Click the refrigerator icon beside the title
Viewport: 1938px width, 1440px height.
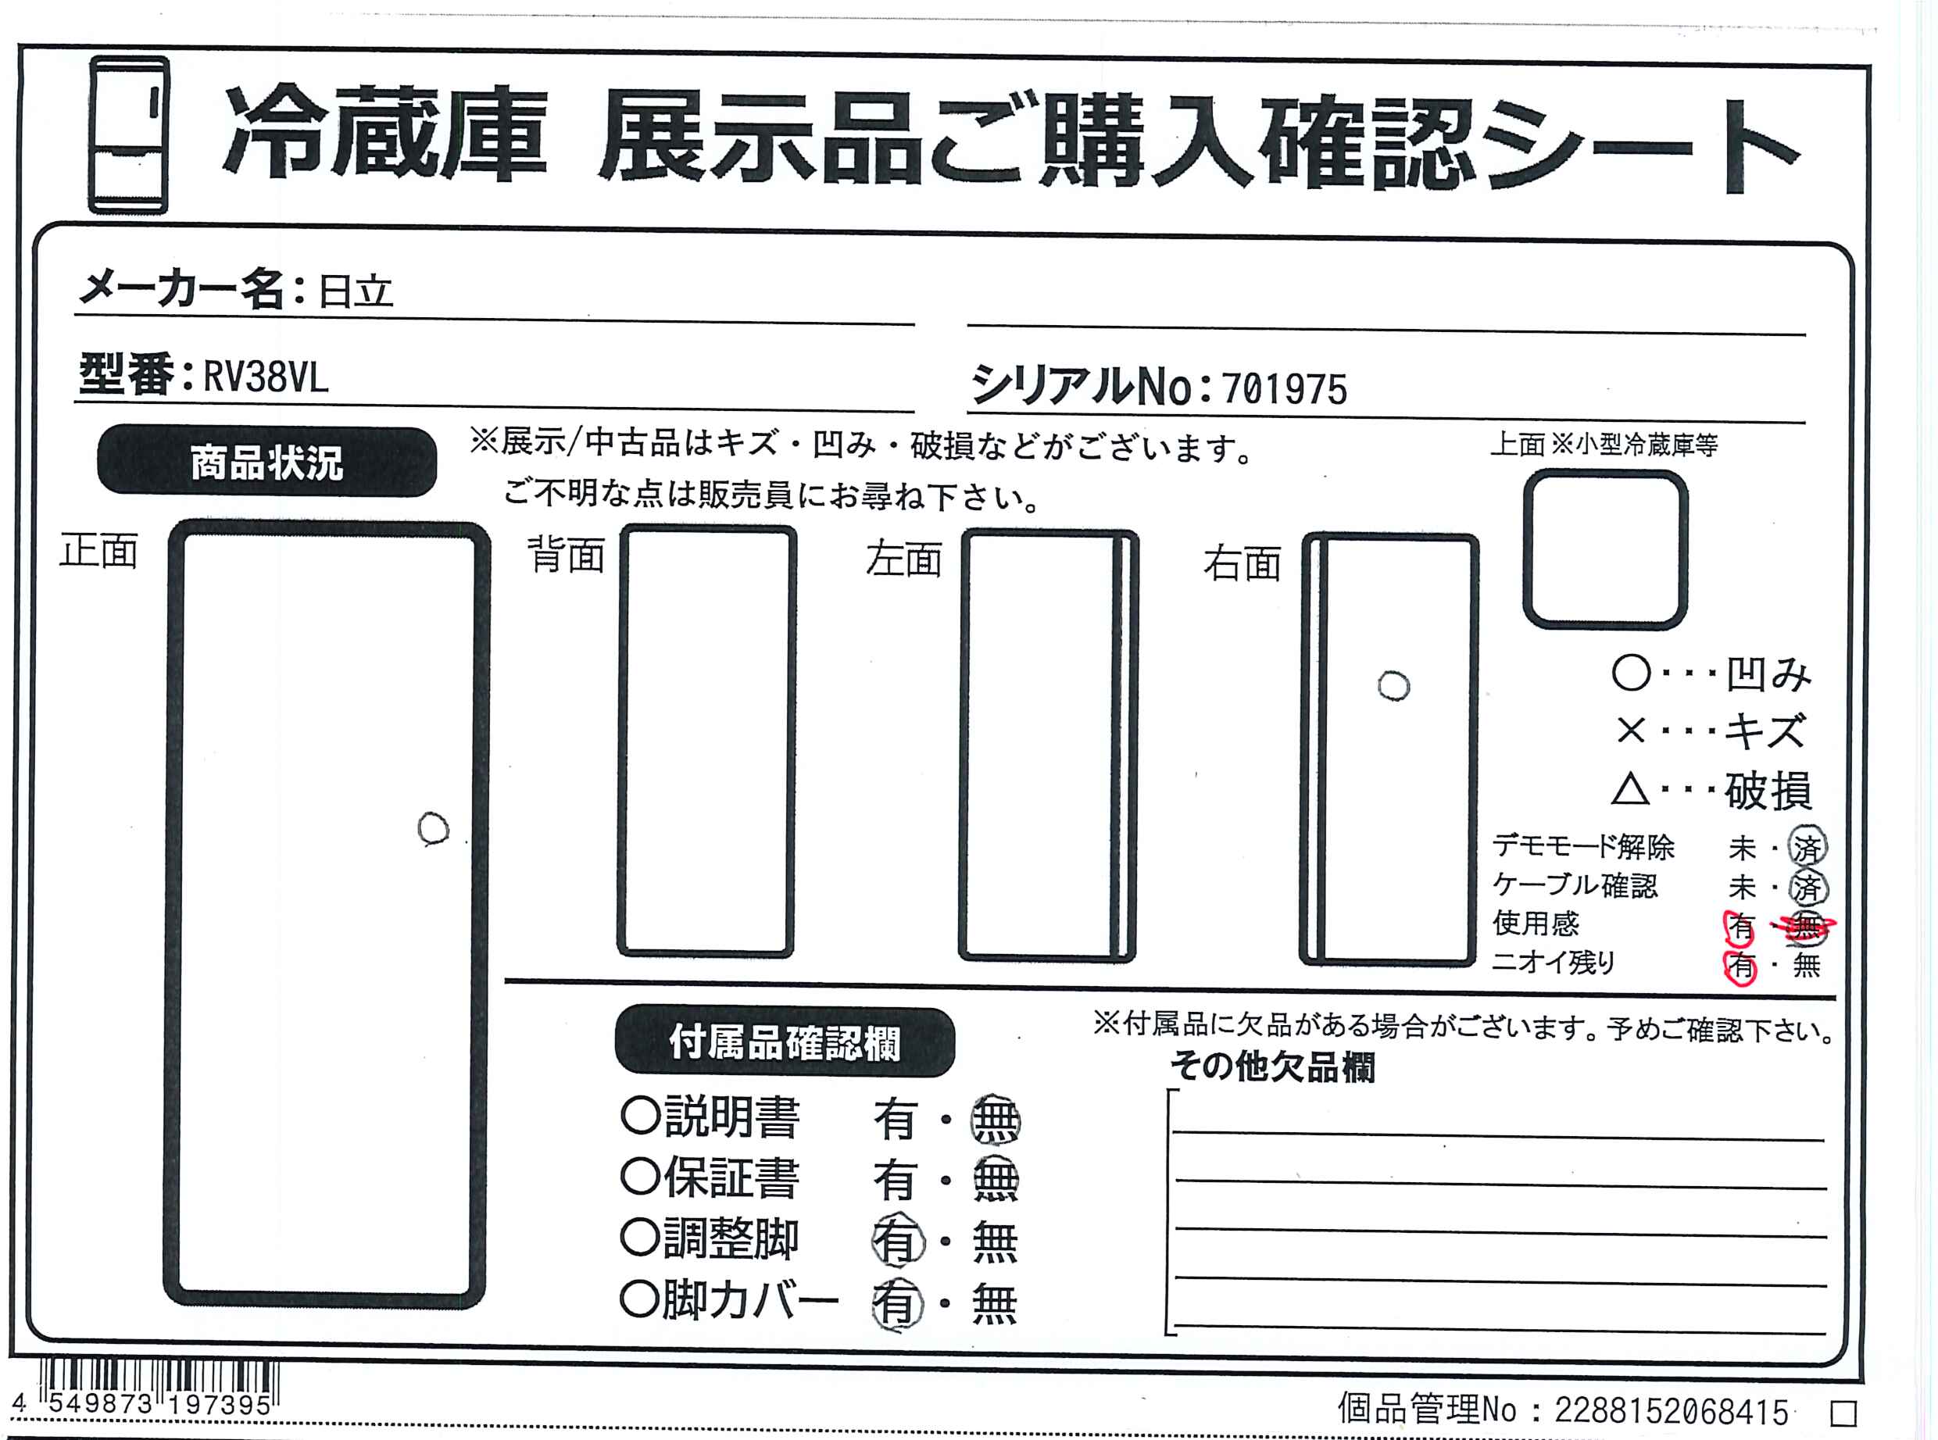click(x=128, y=135)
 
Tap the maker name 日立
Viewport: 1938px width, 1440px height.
click(x=355, y=291)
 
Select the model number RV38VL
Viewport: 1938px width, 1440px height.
click(x=266, y=377)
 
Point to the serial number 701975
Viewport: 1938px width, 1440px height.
click(x=1284, y=389)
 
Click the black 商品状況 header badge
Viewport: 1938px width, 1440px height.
click(x=266, y=461)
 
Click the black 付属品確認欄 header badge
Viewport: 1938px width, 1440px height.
click(x=785, y=1042)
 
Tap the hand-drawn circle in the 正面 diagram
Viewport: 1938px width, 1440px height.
click(x=433, y=829)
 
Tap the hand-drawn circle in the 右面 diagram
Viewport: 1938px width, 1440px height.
click(x=1393, y=686)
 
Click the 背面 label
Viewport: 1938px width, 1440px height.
click(x=567, y=555)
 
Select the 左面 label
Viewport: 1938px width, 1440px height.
click(x=904, y=559)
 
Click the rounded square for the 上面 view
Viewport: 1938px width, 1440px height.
click(x=1605, y=549)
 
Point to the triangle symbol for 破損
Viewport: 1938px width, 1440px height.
click(x=1629, y=790)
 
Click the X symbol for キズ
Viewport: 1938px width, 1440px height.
click(x=1630, y=731)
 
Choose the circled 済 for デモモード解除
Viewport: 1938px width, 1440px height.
click(x=1807, y=846)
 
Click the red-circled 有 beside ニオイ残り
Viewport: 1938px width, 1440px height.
click(x=1741, y=966)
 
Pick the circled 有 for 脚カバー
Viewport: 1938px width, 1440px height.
click(x=897, y=1304)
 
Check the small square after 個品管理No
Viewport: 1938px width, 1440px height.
click(x=1843, y=1412)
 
